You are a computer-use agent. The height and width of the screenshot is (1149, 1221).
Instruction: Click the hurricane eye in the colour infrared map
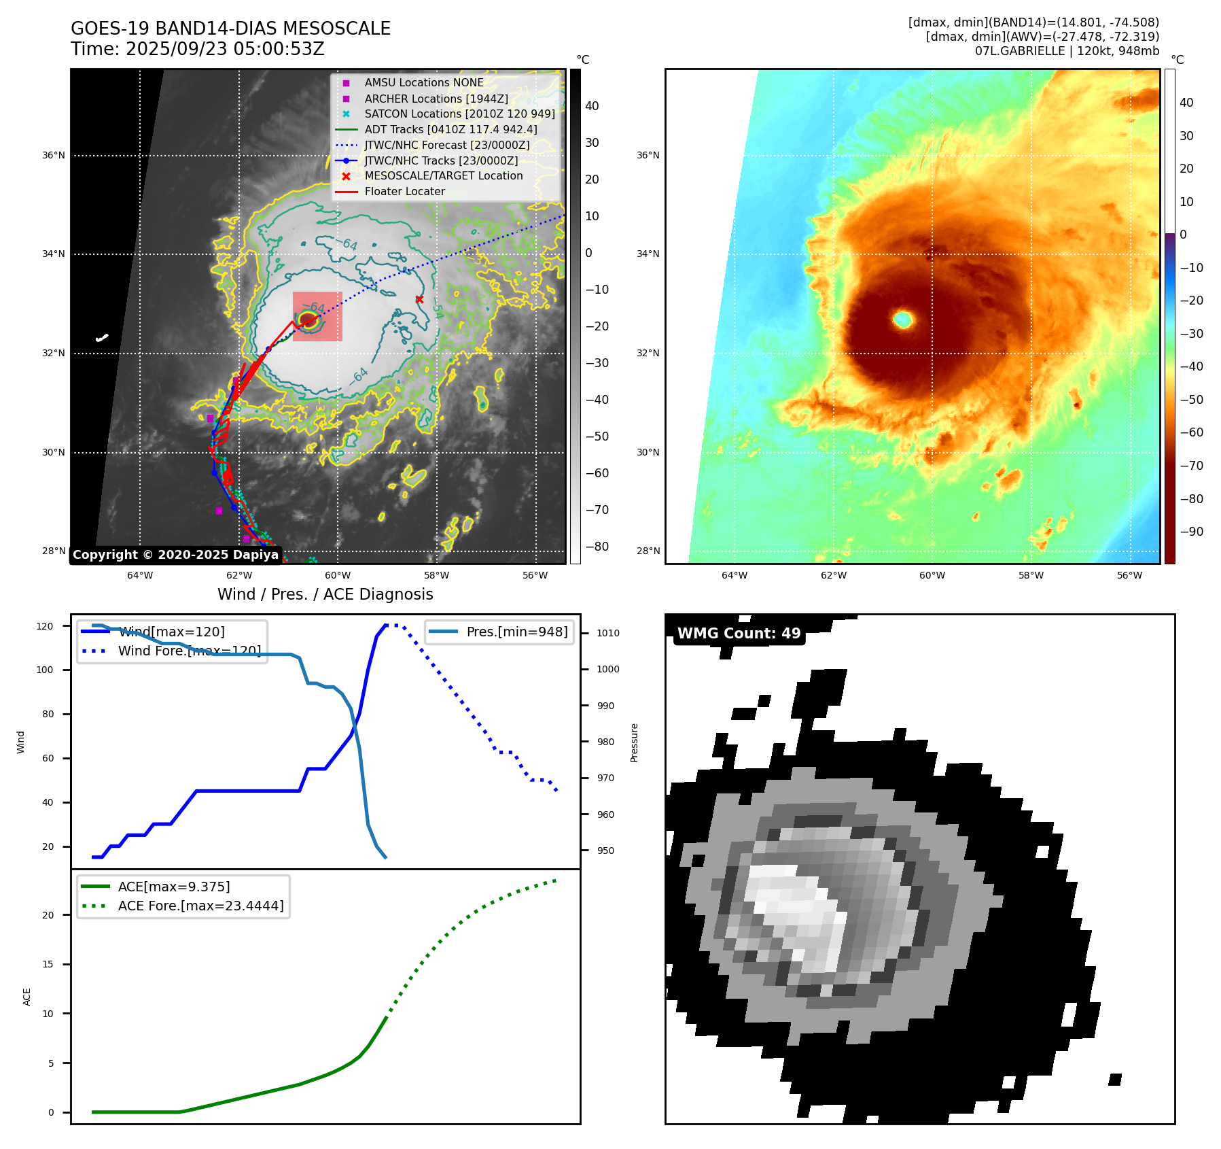[x=903, y=319]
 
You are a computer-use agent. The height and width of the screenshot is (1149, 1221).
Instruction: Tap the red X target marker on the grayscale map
[x=419, y=300]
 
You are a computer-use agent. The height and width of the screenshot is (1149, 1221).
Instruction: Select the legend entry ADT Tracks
[x=450, y=129]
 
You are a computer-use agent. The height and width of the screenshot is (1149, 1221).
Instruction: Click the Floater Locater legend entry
[x=404, y=192]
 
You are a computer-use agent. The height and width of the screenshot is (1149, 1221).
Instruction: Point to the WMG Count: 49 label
[x=739, y=634]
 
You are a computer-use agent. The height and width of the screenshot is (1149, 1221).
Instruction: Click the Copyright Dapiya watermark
[x=175, y=555]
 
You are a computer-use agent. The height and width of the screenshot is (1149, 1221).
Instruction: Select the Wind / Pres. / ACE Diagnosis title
[x=325, y=594]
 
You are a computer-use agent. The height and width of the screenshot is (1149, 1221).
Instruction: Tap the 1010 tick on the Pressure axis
[x=607, y=633]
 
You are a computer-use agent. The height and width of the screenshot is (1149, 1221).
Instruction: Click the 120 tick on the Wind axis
[x=45, y=626]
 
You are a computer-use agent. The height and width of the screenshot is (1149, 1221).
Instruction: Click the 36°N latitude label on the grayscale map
[x=54, y=156]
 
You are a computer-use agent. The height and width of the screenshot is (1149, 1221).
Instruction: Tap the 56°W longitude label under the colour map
[x=1129, y=575]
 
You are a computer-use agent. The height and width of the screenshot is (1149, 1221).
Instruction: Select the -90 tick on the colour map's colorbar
[x=1191, y=532]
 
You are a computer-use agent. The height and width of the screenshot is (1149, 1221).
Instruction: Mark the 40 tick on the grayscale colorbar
[x=592, y=106]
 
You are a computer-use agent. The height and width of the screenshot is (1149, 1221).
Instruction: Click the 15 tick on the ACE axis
[x=48, y=964]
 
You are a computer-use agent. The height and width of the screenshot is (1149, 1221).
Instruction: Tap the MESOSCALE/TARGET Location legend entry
[x=443, y=176]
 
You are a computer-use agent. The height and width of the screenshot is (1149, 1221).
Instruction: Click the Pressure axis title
[x=634, y=742]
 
